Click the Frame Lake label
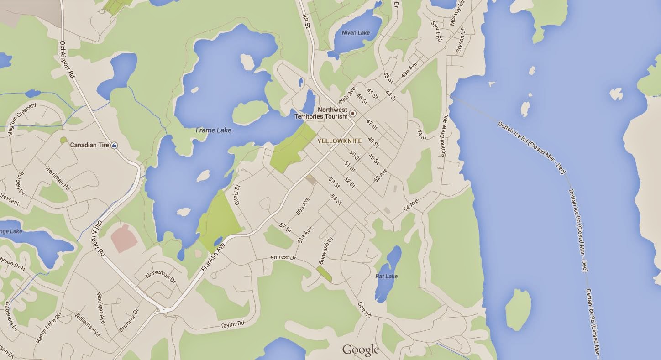coord(213,130)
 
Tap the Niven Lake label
coord(356,33)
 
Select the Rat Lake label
coord(386,276)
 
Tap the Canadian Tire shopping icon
coord(114,145)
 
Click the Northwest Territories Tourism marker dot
coord(352,113)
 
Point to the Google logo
coord(361,350)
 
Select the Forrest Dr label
coord(283,257)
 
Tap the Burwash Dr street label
coord(326,250)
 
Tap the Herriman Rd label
coord(58,177)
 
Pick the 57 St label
coord(285,228)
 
